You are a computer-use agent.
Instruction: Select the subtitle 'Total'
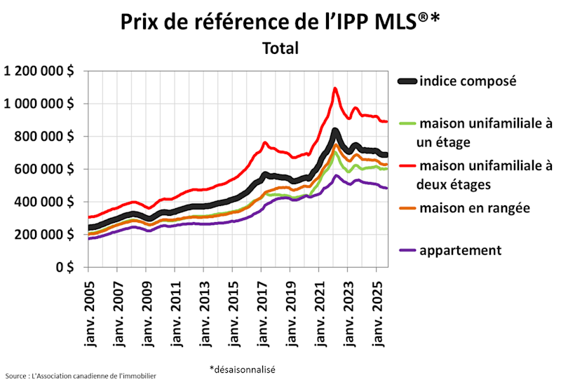(280, 48)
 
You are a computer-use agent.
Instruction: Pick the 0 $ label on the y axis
(67, 267)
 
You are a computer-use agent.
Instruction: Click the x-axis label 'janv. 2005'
(88, 309)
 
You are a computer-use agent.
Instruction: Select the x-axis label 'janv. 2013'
(203, 309)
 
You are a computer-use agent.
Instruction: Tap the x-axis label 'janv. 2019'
(290, 309)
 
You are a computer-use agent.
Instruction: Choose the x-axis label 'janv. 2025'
(376, 309)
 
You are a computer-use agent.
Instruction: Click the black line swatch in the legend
(408, 82)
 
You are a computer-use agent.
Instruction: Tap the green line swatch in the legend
(408, 125)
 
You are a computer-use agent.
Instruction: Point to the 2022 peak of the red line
(335, 88)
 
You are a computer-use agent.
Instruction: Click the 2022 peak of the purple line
(337, 175)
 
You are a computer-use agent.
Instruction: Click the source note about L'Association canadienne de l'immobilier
(81, 376)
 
